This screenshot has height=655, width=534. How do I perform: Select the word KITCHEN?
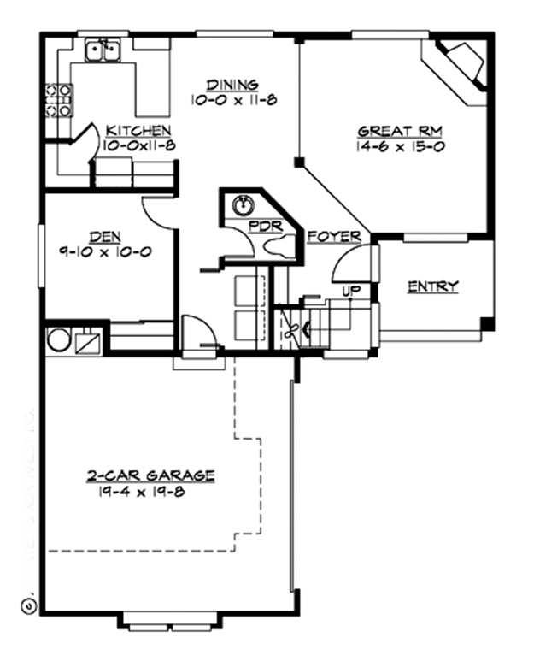click(x=138, y=131)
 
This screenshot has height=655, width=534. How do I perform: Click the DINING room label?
click(x=232, y=85)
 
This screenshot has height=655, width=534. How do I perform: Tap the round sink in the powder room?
click(x=244, y=205)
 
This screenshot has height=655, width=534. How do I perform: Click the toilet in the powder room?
click(x=279, y=246)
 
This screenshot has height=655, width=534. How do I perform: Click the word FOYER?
click(x=333, y=236)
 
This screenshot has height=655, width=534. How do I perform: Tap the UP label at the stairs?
click(x=349, y=292)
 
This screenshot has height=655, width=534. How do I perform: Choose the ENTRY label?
click(x=432, y=286)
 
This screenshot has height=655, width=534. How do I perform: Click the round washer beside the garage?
click(x=58, y=339)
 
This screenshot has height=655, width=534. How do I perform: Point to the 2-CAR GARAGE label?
click(x=150, y=475)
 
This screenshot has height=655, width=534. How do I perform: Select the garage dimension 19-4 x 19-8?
click(x=142, y=491)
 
